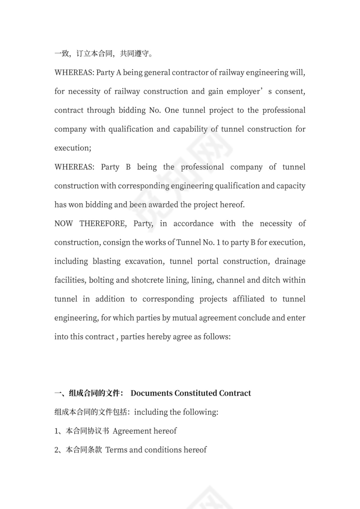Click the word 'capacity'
pos(289,186)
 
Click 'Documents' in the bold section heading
pos(151,393)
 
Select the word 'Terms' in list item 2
pos(116,450)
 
